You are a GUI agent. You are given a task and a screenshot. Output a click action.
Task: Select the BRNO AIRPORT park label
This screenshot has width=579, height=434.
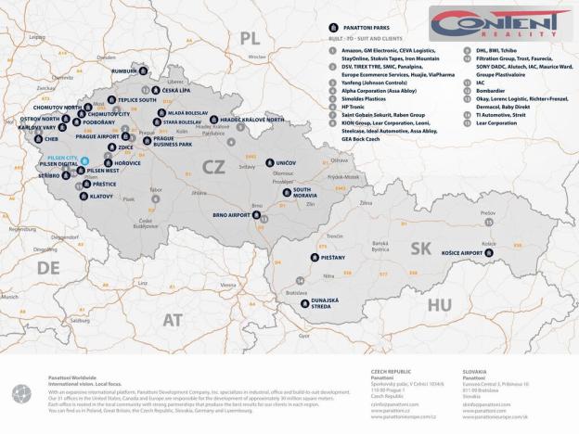(x=232, y=214)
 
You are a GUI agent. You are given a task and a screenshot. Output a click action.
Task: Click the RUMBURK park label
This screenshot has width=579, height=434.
(x=124, y=70)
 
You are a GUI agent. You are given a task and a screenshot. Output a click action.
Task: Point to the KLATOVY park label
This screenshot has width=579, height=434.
(x=102, y=196)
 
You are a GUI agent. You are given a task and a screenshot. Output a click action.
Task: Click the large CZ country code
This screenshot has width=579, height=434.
(x=212, y=164)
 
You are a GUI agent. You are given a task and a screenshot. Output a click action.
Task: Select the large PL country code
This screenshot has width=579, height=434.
(x=248, y=37)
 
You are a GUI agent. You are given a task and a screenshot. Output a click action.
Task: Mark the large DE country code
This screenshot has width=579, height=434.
(x=48, y=268)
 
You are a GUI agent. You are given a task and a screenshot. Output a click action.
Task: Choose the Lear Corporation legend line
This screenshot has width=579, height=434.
(x=496, y=122)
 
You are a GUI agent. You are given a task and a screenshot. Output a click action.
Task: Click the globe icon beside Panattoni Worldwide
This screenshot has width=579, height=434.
(x=21, y=393)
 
